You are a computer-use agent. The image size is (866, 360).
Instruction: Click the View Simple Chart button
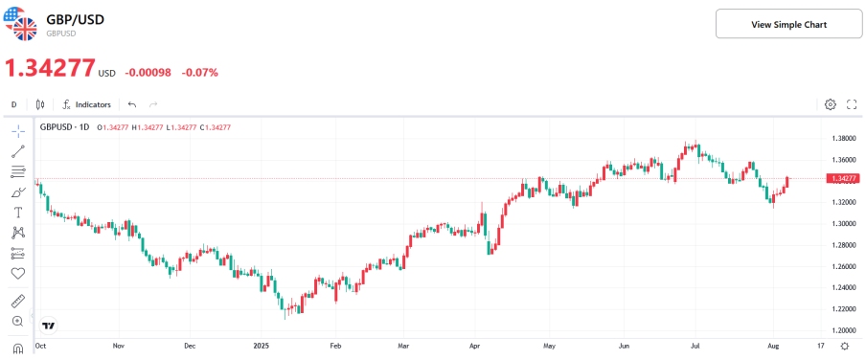point(788,24)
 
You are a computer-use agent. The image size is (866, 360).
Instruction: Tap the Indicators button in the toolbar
point(86,104)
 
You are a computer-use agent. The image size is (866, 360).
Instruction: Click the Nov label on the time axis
point(118,345)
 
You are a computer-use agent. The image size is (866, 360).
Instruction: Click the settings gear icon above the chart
point(831,104)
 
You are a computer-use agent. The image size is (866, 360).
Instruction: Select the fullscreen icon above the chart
point(852,104)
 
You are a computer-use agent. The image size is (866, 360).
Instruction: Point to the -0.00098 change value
point(148,72)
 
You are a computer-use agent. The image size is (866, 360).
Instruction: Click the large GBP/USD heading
point(76,19)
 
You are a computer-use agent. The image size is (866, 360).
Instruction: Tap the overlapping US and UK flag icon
point(20,23)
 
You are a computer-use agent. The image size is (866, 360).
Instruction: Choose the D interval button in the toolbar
point(14,104)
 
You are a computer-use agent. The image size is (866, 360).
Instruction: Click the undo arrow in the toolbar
point(132,104)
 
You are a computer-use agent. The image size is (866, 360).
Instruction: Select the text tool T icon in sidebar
point(17,212)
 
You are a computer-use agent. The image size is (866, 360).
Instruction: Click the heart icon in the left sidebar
point(17,274)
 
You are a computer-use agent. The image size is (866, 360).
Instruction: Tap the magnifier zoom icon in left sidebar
point(17,322)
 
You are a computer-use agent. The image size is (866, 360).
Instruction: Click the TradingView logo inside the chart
point(49,325)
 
